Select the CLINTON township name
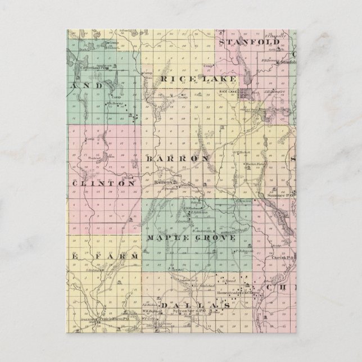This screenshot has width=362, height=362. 103,183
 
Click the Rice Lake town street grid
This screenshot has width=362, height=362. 247,93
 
